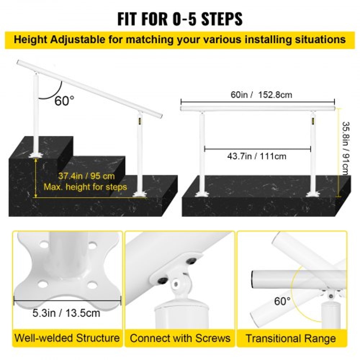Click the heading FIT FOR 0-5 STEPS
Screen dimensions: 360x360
point(180,19)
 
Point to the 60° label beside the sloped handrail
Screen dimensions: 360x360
point(64,101)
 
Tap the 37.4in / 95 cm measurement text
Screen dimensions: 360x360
point(86,176)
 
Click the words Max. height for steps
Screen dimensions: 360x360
point(85,187)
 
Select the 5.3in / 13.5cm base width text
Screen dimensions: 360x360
point(67,313)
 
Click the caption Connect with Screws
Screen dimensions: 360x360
point(180,338)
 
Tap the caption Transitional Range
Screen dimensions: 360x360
point(291,338)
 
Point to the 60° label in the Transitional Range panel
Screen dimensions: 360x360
point(282,301)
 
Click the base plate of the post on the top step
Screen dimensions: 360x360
point(36,154)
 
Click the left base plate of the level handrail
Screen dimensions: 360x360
point(202,194)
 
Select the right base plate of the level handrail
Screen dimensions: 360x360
point(312,194)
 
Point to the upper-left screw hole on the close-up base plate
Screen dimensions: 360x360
point(44,246)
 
